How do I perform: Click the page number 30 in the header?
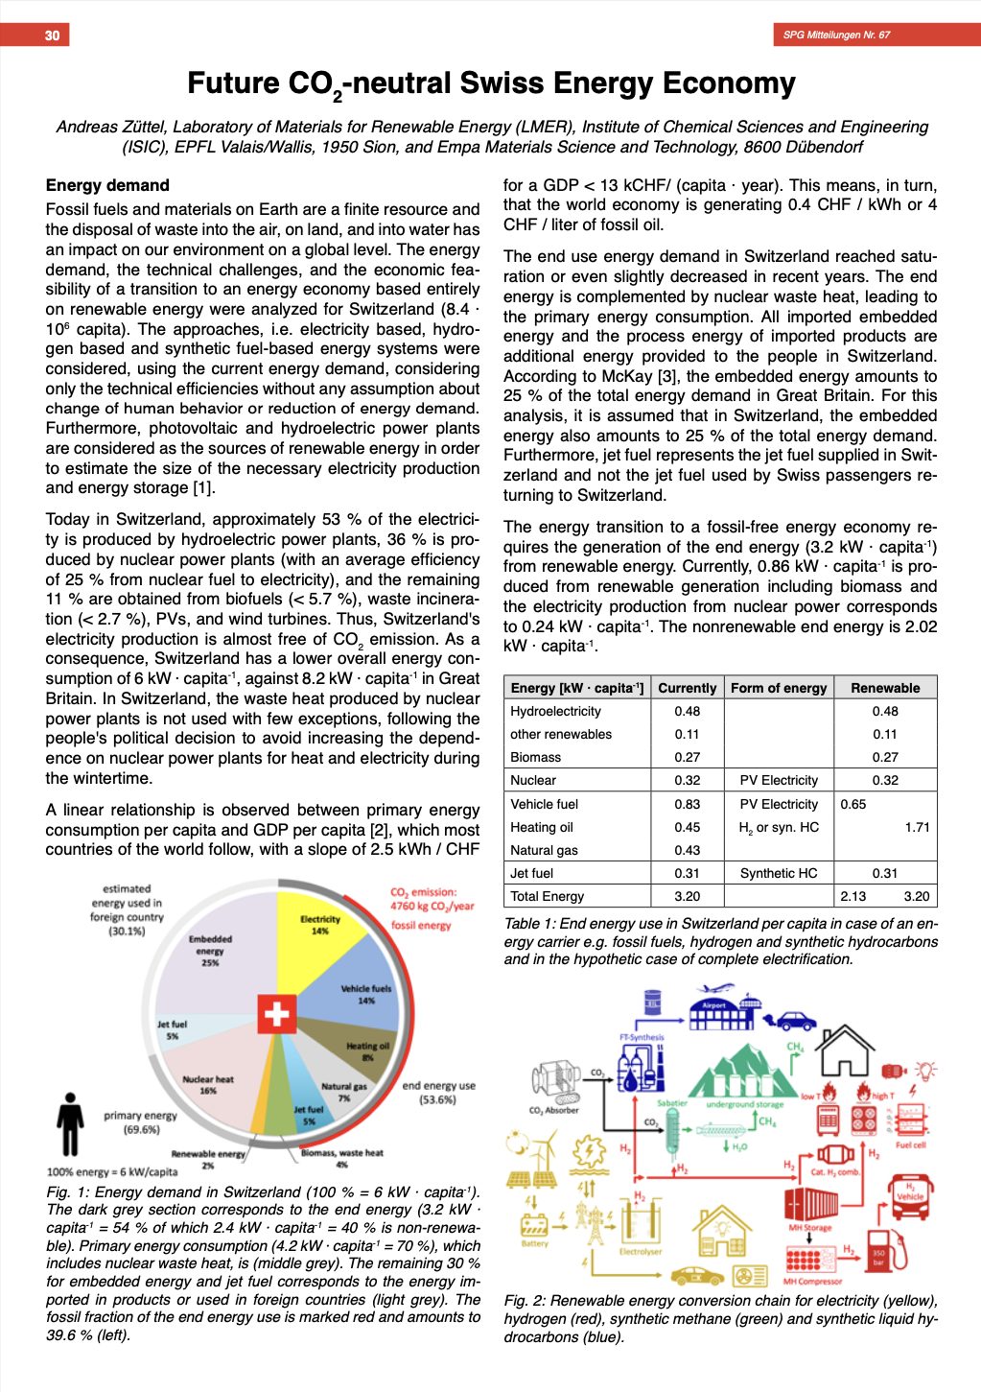[52, 35]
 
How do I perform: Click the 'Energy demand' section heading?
[107, 185]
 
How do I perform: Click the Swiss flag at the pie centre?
[276, 1014]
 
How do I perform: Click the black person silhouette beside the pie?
[70, 1123]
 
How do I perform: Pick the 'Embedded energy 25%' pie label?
[210, 950]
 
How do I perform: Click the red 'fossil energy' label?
[421, 925]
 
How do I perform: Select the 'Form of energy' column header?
[778, 688]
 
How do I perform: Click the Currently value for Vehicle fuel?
[687, 804]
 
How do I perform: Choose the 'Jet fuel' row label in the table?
[532, 873]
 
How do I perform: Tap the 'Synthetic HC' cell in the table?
[778, 873]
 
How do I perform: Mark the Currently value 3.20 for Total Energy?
[687, 896]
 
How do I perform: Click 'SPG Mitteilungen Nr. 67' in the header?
[835, 35]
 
